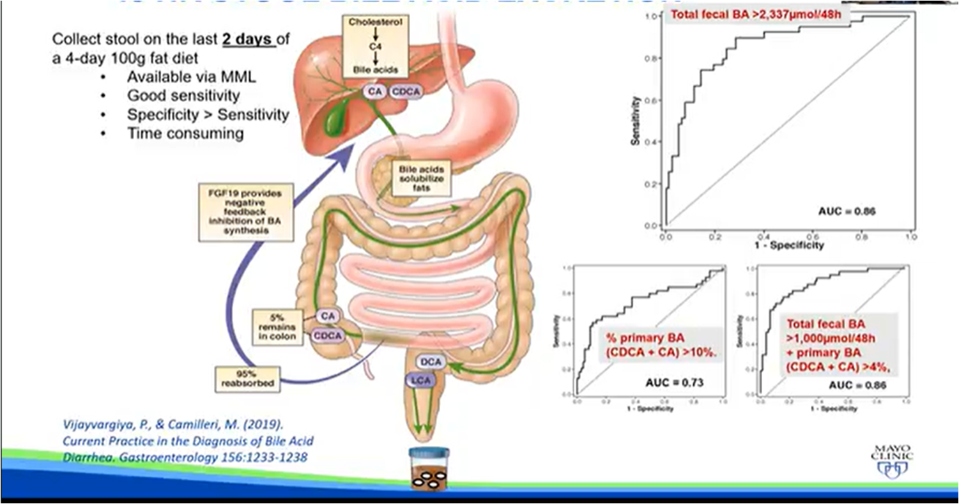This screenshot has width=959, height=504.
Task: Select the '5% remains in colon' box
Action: point(277,326)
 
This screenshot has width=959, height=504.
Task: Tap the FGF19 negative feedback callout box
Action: point(245,213)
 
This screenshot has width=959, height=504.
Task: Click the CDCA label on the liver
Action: point(405,93)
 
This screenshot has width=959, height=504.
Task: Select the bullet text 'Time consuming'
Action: point(185,134)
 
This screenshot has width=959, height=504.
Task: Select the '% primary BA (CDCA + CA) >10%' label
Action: point(658,345)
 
